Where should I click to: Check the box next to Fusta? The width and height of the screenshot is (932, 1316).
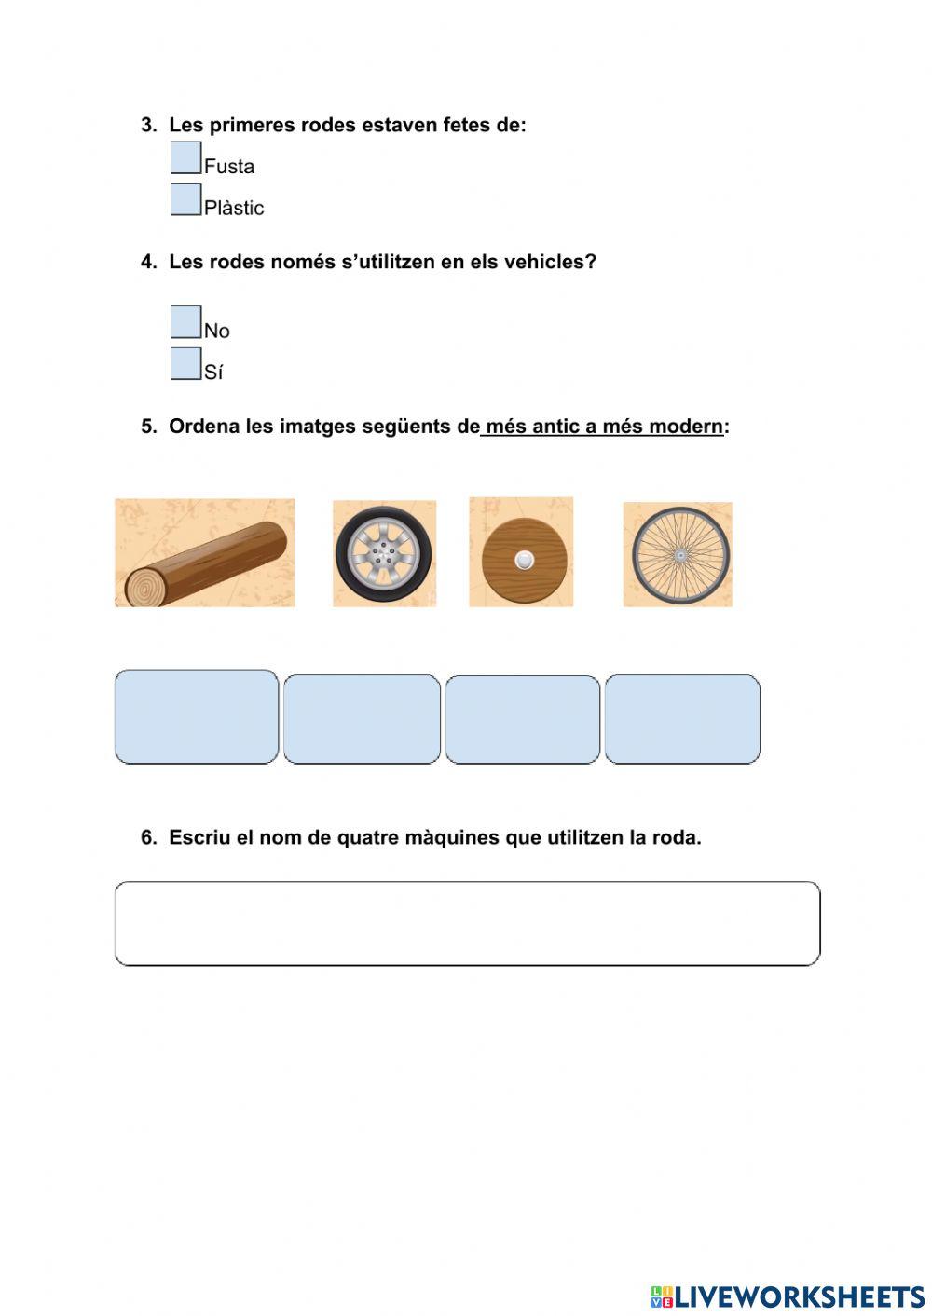point(186,157)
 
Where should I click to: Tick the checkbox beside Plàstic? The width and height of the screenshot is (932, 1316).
point(186,199)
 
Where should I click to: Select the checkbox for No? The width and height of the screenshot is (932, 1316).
point(186,322)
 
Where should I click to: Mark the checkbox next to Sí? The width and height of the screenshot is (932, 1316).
point(186,363)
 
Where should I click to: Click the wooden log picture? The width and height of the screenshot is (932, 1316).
point(204,553)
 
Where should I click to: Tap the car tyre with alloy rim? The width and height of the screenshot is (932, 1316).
point(384,553)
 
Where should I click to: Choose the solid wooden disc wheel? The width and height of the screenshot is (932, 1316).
point(521,552)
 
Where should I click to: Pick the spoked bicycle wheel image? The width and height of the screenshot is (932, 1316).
point(678,554)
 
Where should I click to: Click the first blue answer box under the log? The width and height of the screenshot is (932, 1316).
point(197,716)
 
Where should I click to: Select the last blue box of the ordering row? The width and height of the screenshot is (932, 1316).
point(682,719)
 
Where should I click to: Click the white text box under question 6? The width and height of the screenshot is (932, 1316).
point(467,923)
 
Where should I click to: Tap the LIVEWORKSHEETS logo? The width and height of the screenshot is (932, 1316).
point(787,1296)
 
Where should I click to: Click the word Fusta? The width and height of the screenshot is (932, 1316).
point(229,167)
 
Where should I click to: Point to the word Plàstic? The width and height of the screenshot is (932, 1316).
point(234,208)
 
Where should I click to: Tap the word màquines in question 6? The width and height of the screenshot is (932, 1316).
point(453,837)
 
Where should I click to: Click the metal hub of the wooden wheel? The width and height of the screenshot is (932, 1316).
point(524,560)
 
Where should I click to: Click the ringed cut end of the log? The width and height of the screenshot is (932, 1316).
point(144,587)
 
